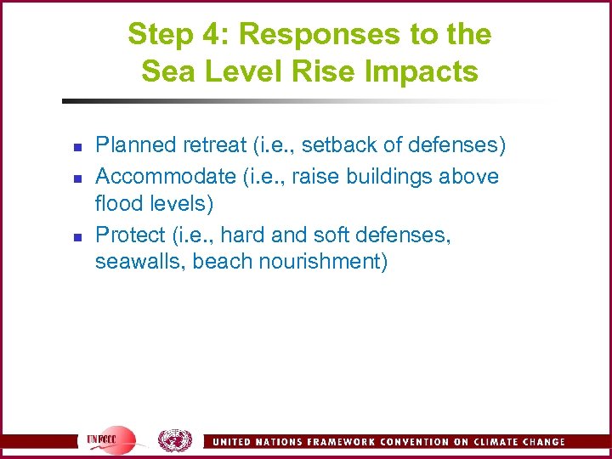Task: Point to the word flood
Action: click(119, 205)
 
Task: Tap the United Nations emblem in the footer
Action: click(175, 440)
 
